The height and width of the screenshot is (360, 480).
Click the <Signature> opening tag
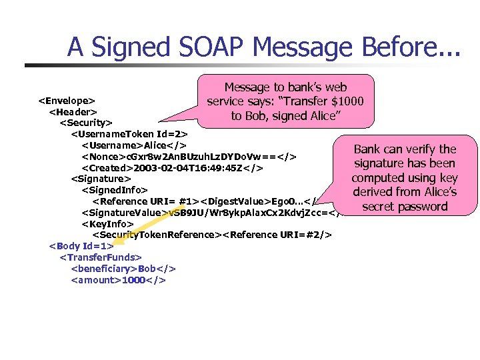[101, 179]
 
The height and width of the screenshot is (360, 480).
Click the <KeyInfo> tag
[107, 223]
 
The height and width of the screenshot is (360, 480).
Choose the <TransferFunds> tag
[101, 257]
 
